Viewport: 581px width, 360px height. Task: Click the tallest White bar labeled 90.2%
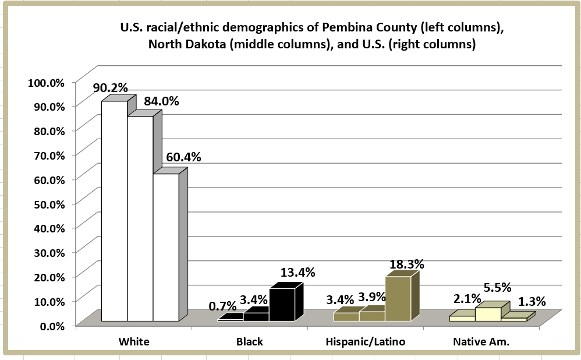[115, 210]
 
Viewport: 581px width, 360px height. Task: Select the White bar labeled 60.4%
[166, 247]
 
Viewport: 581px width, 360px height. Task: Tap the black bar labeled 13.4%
[282, 304]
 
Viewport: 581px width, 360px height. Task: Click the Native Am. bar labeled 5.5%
[488, 313]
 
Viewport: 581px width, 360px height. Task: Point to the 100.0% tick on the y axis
[46, 82]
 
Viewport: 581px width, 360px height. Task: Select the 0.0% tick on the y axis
[51, 325]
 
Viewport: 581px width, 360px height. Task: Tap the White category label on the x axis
[133, 342]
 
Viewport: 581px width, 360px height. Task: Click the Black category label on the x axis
[250, 342]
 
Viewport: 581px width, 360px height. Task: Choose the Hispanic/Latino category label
[365, 342]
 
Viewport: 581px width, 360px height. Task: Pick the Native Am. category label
[481, 342]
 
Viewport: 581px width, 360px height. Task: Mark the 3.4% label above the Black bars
[253, 300]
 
